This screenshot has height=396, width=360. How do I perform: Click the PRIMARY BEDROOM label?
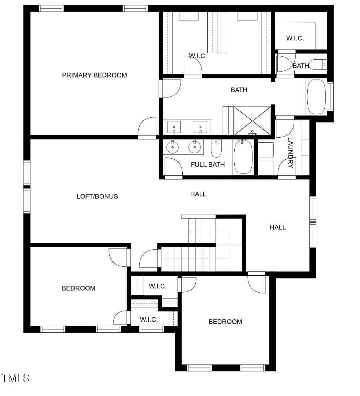tap(94, 75)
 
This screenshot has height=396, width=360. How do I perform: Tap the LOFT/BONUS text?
tap(97, 196)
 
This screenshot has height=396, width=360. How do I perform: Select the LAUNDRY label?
tap(291, 152)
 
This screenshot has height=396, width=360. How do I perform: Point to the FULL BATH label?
tap(208, 165)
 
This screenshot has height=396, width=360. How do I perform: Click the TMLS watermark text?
tap(16, 378)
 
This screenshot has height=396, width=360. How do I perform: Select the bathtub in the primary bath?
tap(316, 96)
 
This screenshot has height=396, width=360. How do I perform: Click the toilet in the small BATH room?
tap(319, 64)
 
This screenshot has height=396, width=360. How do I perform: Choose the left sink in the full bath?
tap(173, 146)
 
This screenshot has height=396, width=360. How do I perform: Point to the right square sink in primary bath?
tap(200, 127)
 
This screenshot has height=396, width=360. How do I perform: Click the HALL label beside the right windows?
tap(278, 227)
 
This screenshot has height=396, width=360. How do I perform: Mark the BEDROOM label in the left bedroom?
tap(78, 288)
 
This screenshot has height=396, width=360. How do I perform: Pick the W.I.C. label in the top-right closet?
tap(295, 38)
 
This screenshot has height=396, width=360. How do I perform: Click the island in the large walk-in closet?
tap(219, 32)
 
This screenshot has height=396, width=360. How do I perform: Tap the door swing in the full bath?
tap(173, 167)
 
